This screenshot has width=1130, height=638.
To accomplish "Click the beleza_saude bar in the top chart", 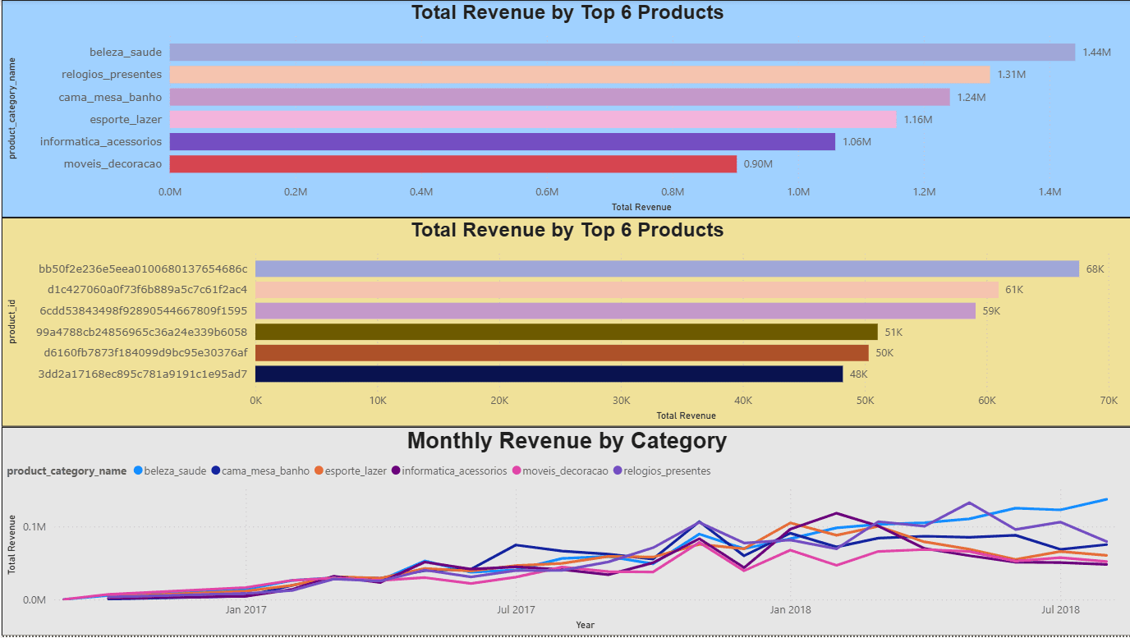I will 622,53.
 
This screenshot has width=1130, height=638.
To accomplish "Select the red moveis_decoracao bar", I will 452,164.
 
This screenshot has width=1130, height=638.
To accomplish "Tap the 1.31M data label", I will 1011,75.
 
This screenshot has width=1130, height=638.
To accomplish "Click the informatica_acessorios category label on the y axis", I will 101,142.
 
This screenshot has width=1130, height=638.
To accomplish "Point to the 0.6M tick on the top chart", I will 547,192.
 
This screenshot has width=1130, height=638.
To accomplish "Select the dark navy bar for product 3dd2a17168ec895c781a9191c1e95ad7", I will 549,374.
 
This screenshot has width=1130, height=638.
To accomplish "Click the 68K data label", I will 1095,269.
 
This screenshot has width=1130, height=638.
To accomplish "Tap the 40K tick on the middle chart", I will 743,401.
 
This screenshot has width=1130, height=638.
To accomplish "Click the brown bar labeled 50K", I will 562,353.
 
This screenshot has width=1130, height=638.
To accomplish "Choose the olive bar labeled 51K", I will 567,332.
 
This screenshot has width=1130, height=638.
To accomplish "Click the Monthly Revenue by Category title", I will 567,441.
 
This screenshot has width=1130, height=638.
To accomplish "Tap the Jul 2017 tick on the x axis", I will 516,610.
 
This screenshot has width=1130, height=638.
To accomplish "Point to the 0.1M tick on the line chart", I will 34,527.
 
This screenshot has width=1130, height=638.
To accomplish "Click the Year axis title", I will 585,626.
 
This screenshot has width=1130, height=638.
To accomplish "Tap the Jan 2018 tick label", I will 789,610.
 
